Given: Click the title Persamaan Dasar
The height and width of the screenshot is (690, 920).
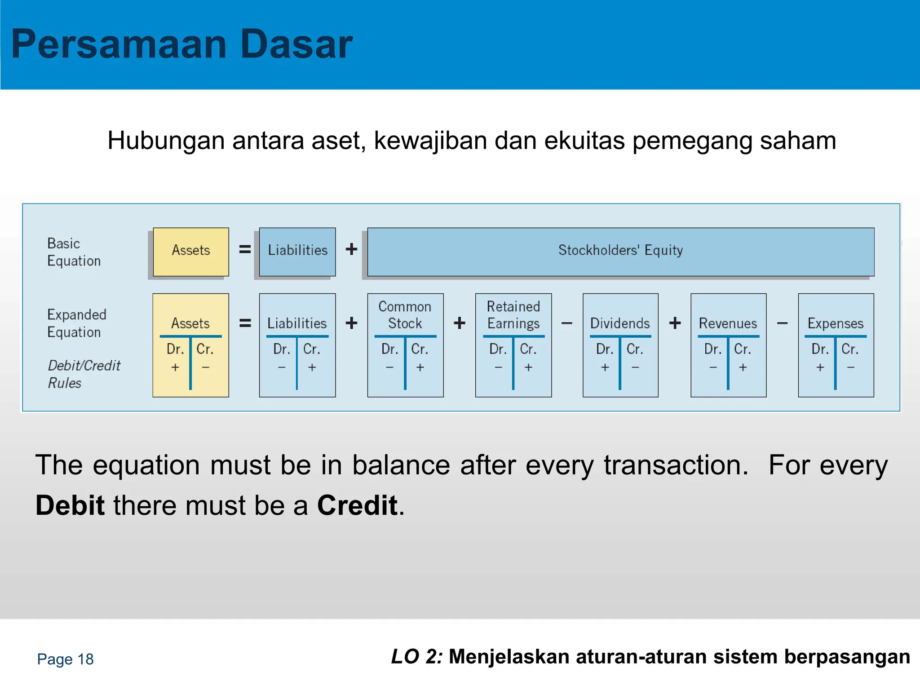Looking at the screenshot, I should pyautogui.click(x=182, y=44).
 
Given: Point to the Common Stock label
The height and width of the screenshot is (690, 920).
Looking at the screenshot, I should pyautogui.click(x=405, y=315).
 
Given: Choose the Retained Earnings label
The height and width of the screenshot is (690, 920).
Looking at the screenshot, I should pyautogui.click(x=513, y=315).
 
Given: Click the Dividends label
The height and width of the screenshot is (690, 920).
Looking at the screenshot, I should pyautogui.click(x=620, y=323).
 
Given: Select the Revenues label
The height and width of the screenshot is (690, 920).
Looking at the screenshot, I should pyautogui.click(x=728, y=323).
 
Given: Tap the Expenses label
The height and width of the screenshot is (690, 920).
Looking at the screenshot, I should pyautogui.click(x=836, y=323).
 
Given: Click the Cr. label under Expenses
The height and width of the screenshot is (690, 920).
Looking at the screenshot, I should pyautogui.click(x=849, y=349).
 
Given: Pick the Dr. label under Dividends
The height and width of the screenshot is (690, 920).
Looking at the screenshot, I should pyautogui.click(x=605, y=349).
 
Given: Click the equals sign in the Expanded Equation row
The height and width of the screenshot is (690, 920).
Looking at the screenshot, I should pyautogui.click(x=245, y=323).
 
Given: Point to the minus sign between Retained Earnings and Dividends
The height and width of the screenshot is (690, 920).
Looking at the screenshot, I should pyautogui.click(x=567, y=323).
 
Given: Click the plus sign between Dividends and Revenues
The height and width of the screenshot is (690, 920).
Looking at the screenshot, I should pyautogui.click(x=675, y=323).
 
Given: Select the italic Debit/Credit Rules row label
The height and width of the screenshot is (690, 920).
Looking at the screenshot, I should pyautogui.click(x=84, y=374).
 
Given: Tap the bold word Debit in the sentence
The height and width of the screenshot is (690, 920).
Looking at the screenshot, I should pyautogui.click(x=70, y=505).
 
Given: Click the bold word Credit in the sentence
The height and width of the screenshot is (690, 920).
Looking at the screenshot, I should pyautogui.click(x=358, y=505).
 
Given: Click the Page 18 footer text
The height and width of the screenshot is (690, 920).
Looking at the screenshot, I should pyautogui.click(x=65, y=659).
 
